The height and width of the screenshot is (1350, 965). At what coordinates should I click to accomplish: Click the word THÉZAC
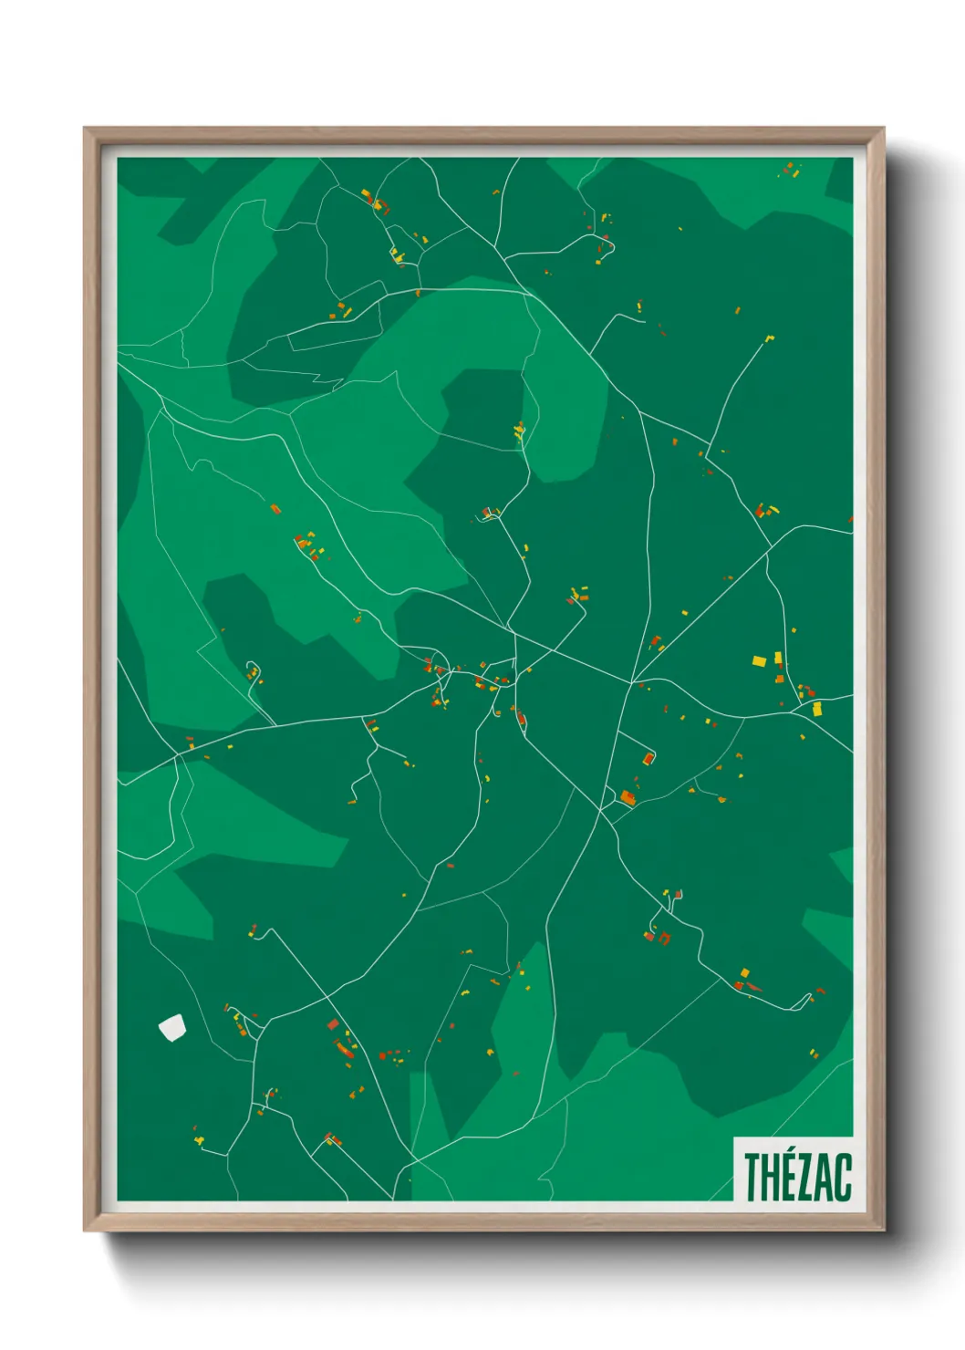[x=797, y=1177]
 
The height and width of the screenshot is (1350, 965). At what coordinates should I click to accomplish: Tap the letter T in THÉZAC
[x=753, y=1178]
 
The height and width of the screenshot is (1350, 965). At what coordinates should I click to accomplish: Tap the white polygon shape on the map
[x=171, y=1028]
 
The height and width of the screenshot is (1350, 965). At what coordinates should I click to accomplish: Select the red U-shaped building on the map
[x=665, y=938]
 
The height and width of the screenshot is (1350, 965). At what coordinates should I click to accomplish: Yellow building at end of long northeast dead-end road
[x=769, y=338]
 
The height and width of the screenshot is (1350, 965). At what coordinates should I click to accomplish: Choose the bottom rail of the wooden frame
[x=483, y=1222]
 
